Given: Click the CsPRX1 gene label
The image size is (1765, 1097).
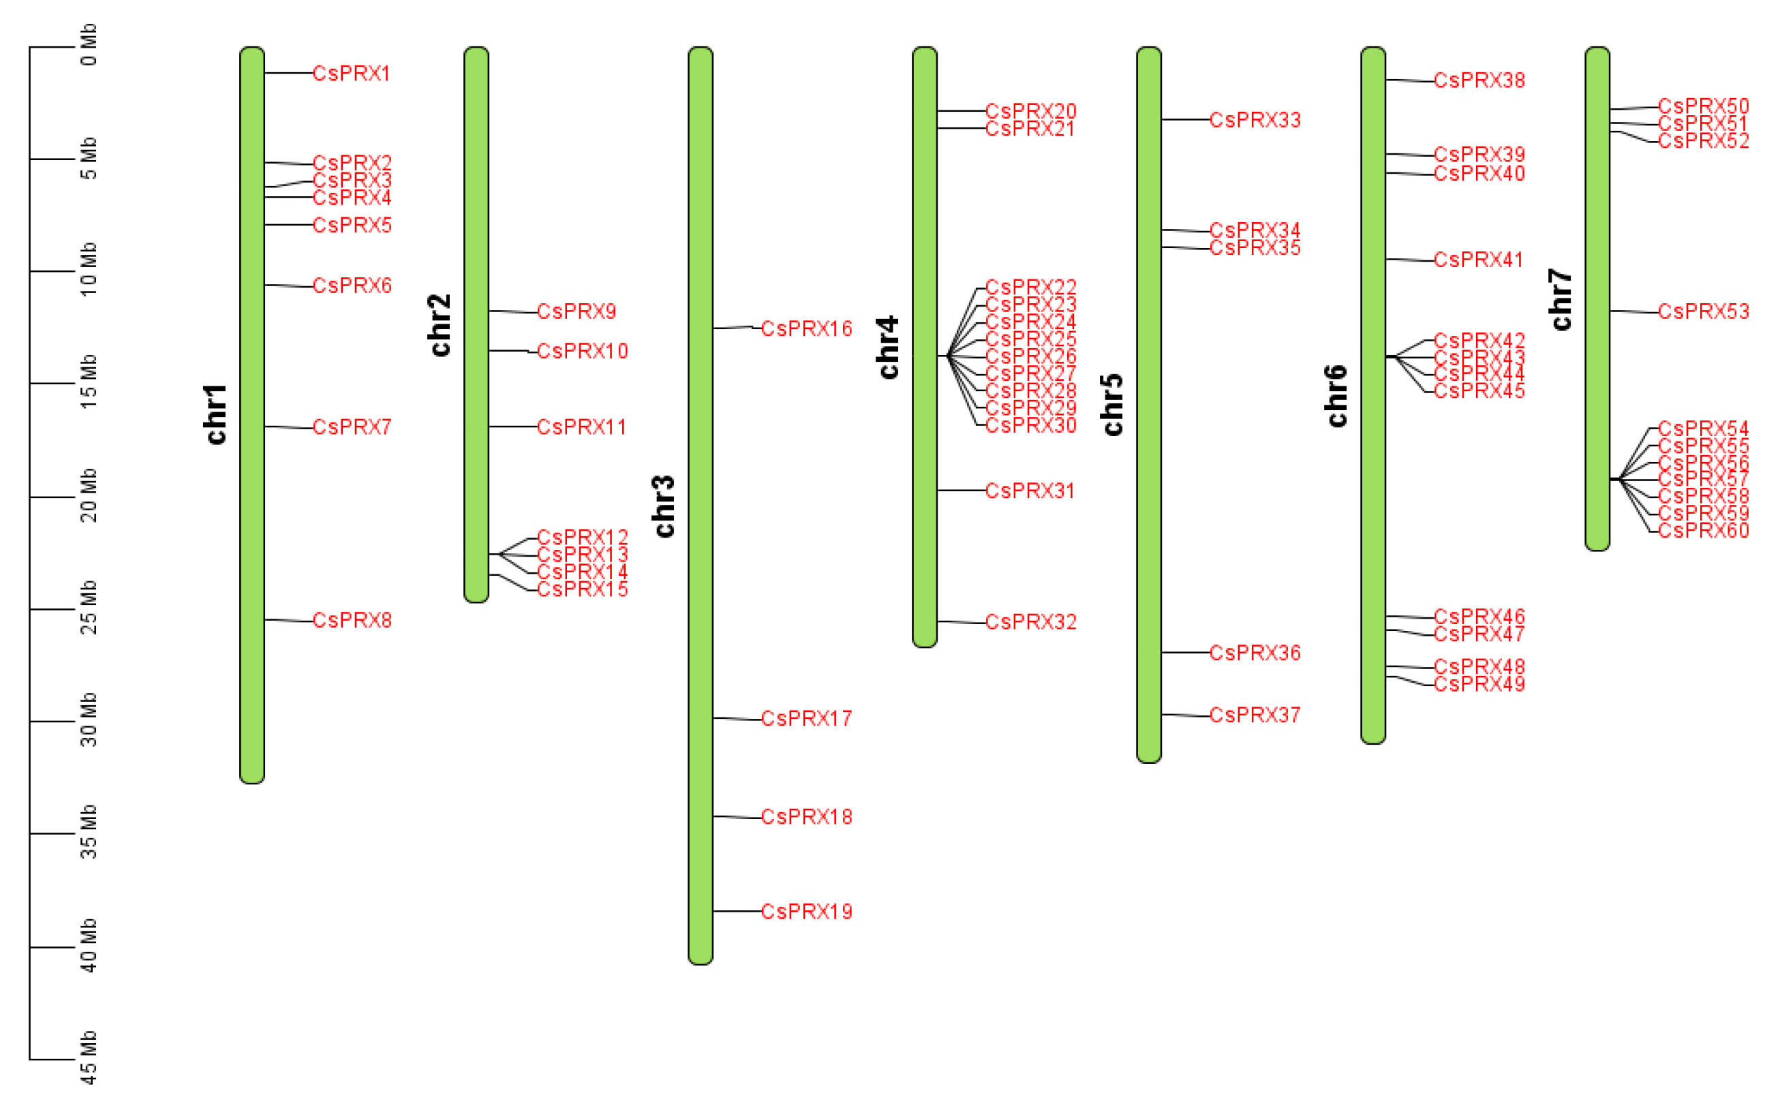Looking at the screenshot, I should tap(351, 74).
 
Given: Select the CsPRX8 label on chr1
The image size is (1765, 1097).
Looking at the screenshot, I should tap(352, 620).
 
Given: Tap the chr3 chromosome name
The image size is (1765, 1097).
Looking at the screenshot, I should tap(664, 506).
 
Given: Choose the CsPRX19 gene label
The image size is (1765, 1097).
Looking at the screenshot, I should tap(806, 911).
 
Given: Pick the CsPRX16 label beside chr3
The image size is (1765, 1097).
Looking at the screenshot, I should tap(806, 328).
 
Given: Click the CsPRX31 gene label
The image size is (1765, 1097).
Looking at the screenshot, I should tap(1030, 491).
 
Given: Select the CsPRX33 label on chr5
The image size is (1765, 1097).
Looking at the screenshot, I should tap(1255, 120).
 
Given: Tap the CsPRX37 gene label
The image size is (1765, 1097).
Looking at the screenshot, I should tap(1255, 715).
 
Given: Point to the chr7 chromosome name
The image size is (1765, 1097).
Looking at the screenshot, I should tap(1561, 299).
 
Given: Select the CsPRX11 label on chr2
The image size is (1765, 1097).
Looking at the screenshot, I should tap(581, 427).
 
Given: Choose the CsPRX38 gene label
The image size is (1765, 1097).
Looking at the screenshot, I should tap(1479, 80).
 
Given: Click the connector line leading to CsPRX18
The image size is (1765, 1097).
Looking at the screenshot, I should tap(736, 817).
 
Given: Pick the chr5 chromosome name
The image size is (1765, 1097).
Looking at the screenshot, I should tap(1112, 405).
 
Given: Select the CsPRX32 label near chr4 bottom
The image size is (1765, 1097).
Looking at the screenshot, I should tap(1030, 622).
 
